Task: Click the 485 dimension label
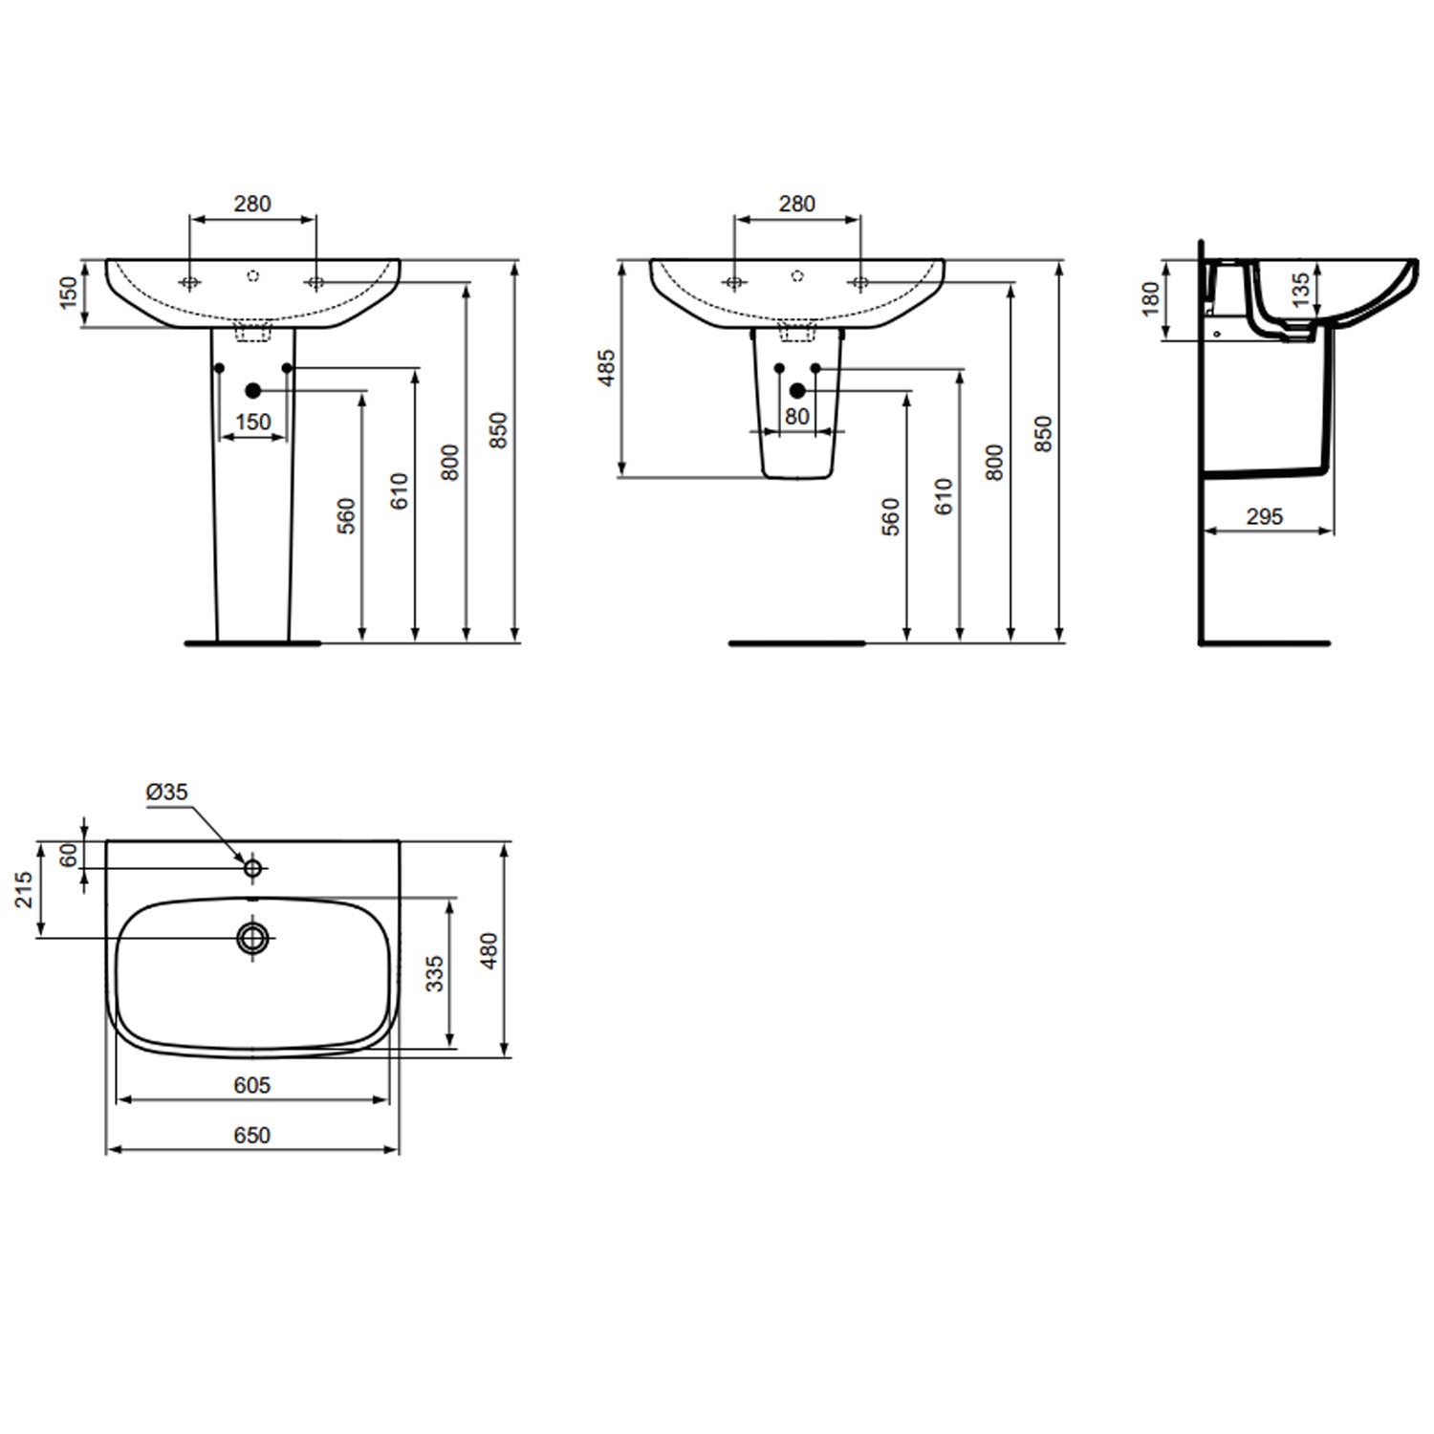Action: pyautogui.click(x=606, y=368)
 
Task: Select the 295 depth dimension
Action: pyautogui.click(x=1264, y=517)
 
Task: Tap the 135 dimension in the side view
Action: pyautogui.click(x=1300, y=290)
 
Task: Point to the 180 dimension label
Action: pyautogui.click(x=1150, y=298)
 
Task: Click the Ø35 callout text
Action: pyautogui.click(x=166, y=793)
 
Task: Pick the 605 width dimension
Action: pyautogui.click(x=251, y=1085)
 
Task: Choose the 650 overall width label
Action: pyautogui.click(x=251, y=1135)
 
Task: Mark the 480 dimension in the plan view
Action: pyautogui.click(x=489, y=950)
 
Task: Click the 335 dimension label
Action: pyautogui.click(x=434, y=973)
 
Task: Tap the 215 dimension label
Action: pyautogui.click(x=24, y=889)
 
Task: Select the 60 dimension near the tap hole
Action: pyautogui.click(x=68, y=856)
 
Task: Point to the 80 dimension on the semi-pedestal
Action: pyautogui.click(x=796, y=417)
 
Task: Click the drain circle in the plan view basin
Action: pyautogui.click(x=253, y=939)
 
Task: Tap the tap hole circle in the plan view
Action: pyautogui.click(x=253, y=868)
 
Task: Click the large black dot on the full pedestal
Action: pyautogui.click(x=253, y=390)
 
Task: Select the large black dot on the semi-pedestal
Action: pyautogui.click(x=797, y=390)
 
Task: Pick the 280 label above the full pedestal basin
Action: pyautogui.click(x=252, y=204)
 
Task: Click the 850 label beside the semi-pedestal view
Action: pyautogui.click(x=1043, y=433)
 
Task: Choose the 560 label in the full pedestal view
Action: pyautogui.click(x=346, y=515)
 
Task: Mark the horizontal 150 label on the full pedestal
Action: pyautogui.click(x=252, y=422)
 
